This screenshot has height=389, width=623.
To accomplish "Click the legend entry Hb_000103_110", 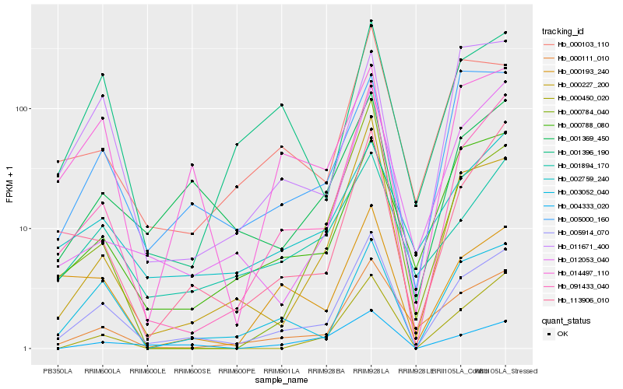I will [x=578, y=44].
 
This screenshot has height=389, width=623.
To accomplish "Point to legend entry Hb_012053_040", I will [x=578, y=259].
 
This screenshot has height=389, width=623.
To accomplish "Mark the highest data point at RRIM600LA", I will [x=103, y=75].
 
